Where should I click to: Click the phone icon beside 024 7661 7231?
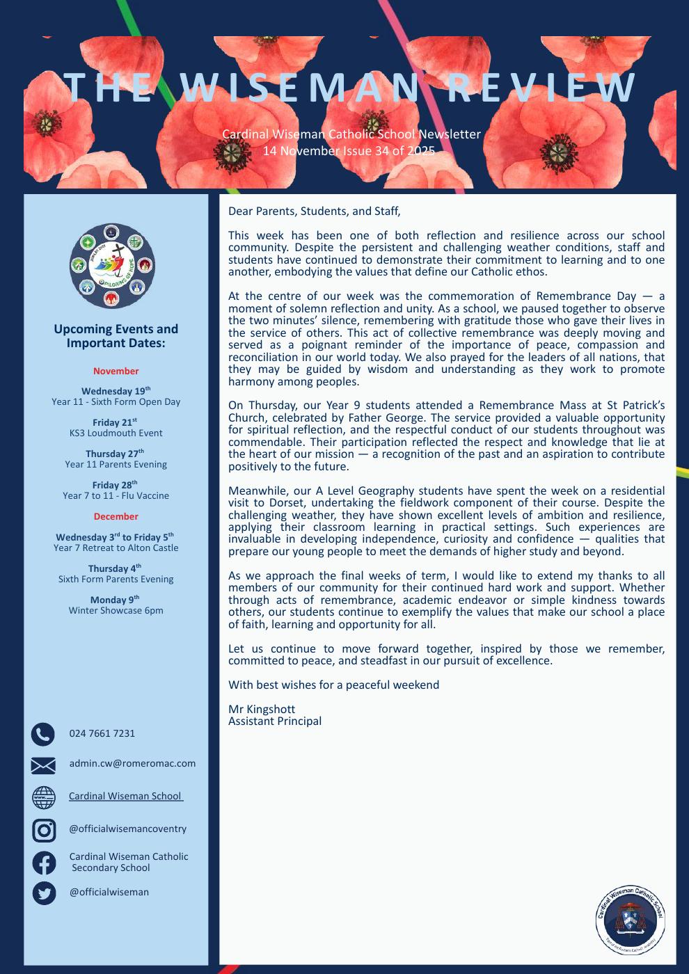43,734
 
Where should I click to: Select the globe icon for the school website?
44,797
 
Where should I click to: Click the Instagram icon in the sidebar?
44,830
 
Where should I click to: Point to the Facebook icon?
44,863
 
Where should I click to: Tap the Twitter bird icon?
44,893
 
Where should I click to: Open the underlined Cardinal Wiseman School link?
125,796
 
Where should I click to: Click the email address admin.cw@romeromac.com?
132,763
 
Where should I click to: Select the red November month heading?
116,372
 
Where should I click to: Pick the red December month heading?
116,516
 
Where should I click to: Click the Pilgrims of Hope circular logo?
112,266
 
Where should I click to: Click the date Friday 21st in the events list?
115,422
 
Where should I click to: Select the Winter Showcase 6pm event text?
116,611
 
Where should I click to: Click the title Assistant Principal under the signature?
275,721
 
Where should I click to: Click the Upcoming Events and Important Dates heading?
116,336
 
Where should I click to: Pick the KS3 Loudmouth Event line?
116,433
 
